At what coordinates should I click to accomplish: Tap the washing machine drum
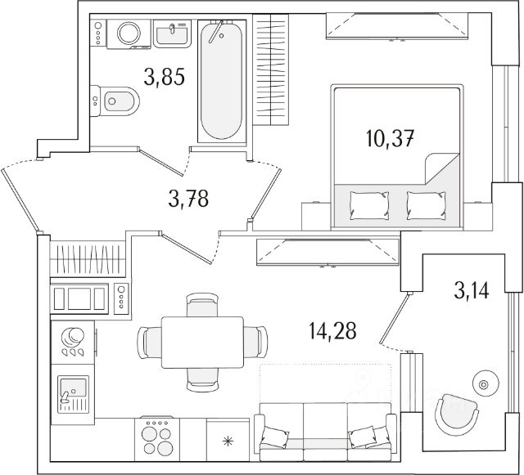[x=129, y=34]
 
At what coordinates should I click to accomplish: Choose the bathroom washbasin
[x=172, y=34]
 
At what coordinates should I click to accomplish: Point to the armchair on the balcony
[x=454, y=413]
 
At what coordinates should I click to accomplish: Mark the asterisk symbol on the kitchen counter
[x=228, y=441]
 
